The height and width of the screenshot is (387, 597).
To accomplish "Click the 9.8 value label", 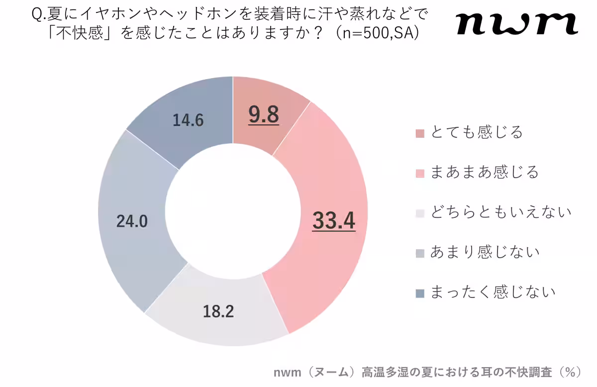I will pyautogui.click(x=264, y=115).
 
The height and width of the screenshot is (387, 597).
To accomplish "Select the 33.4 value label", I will pyautogui.click(x=333, y=221).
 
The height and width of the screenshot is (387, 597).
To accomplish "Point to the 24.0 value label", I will pyautogui.click(x=132, y=221).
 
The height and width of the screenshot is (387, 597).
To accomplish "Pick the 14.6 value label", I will pyautogui.click(x=188, y=120).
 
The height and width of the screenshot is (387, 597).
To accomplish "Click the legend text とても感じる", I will pyautogui.click(x=477, y=133).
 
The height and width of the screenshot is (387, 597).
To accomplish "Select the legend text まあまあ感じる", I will pyautogui.click(x=485, y=173).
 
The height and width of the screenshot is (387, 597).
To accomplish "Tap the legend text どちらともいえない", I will pyautogui.click(x=500, y=212).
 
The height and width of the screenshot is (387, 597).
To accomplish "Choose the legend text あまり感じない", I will pyautogui.click(x=485, y=252).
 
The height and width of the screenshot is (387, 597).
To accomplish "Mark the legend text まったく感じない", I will pyautogui.click(x=493, y=292).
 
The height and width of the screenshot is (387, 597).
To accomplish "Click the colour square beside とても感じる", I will pyautogui.click(x=420, y=134).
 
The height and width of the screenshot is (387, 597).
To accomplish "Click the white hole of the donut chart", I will pyautogui.click(x=233, y=211).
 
